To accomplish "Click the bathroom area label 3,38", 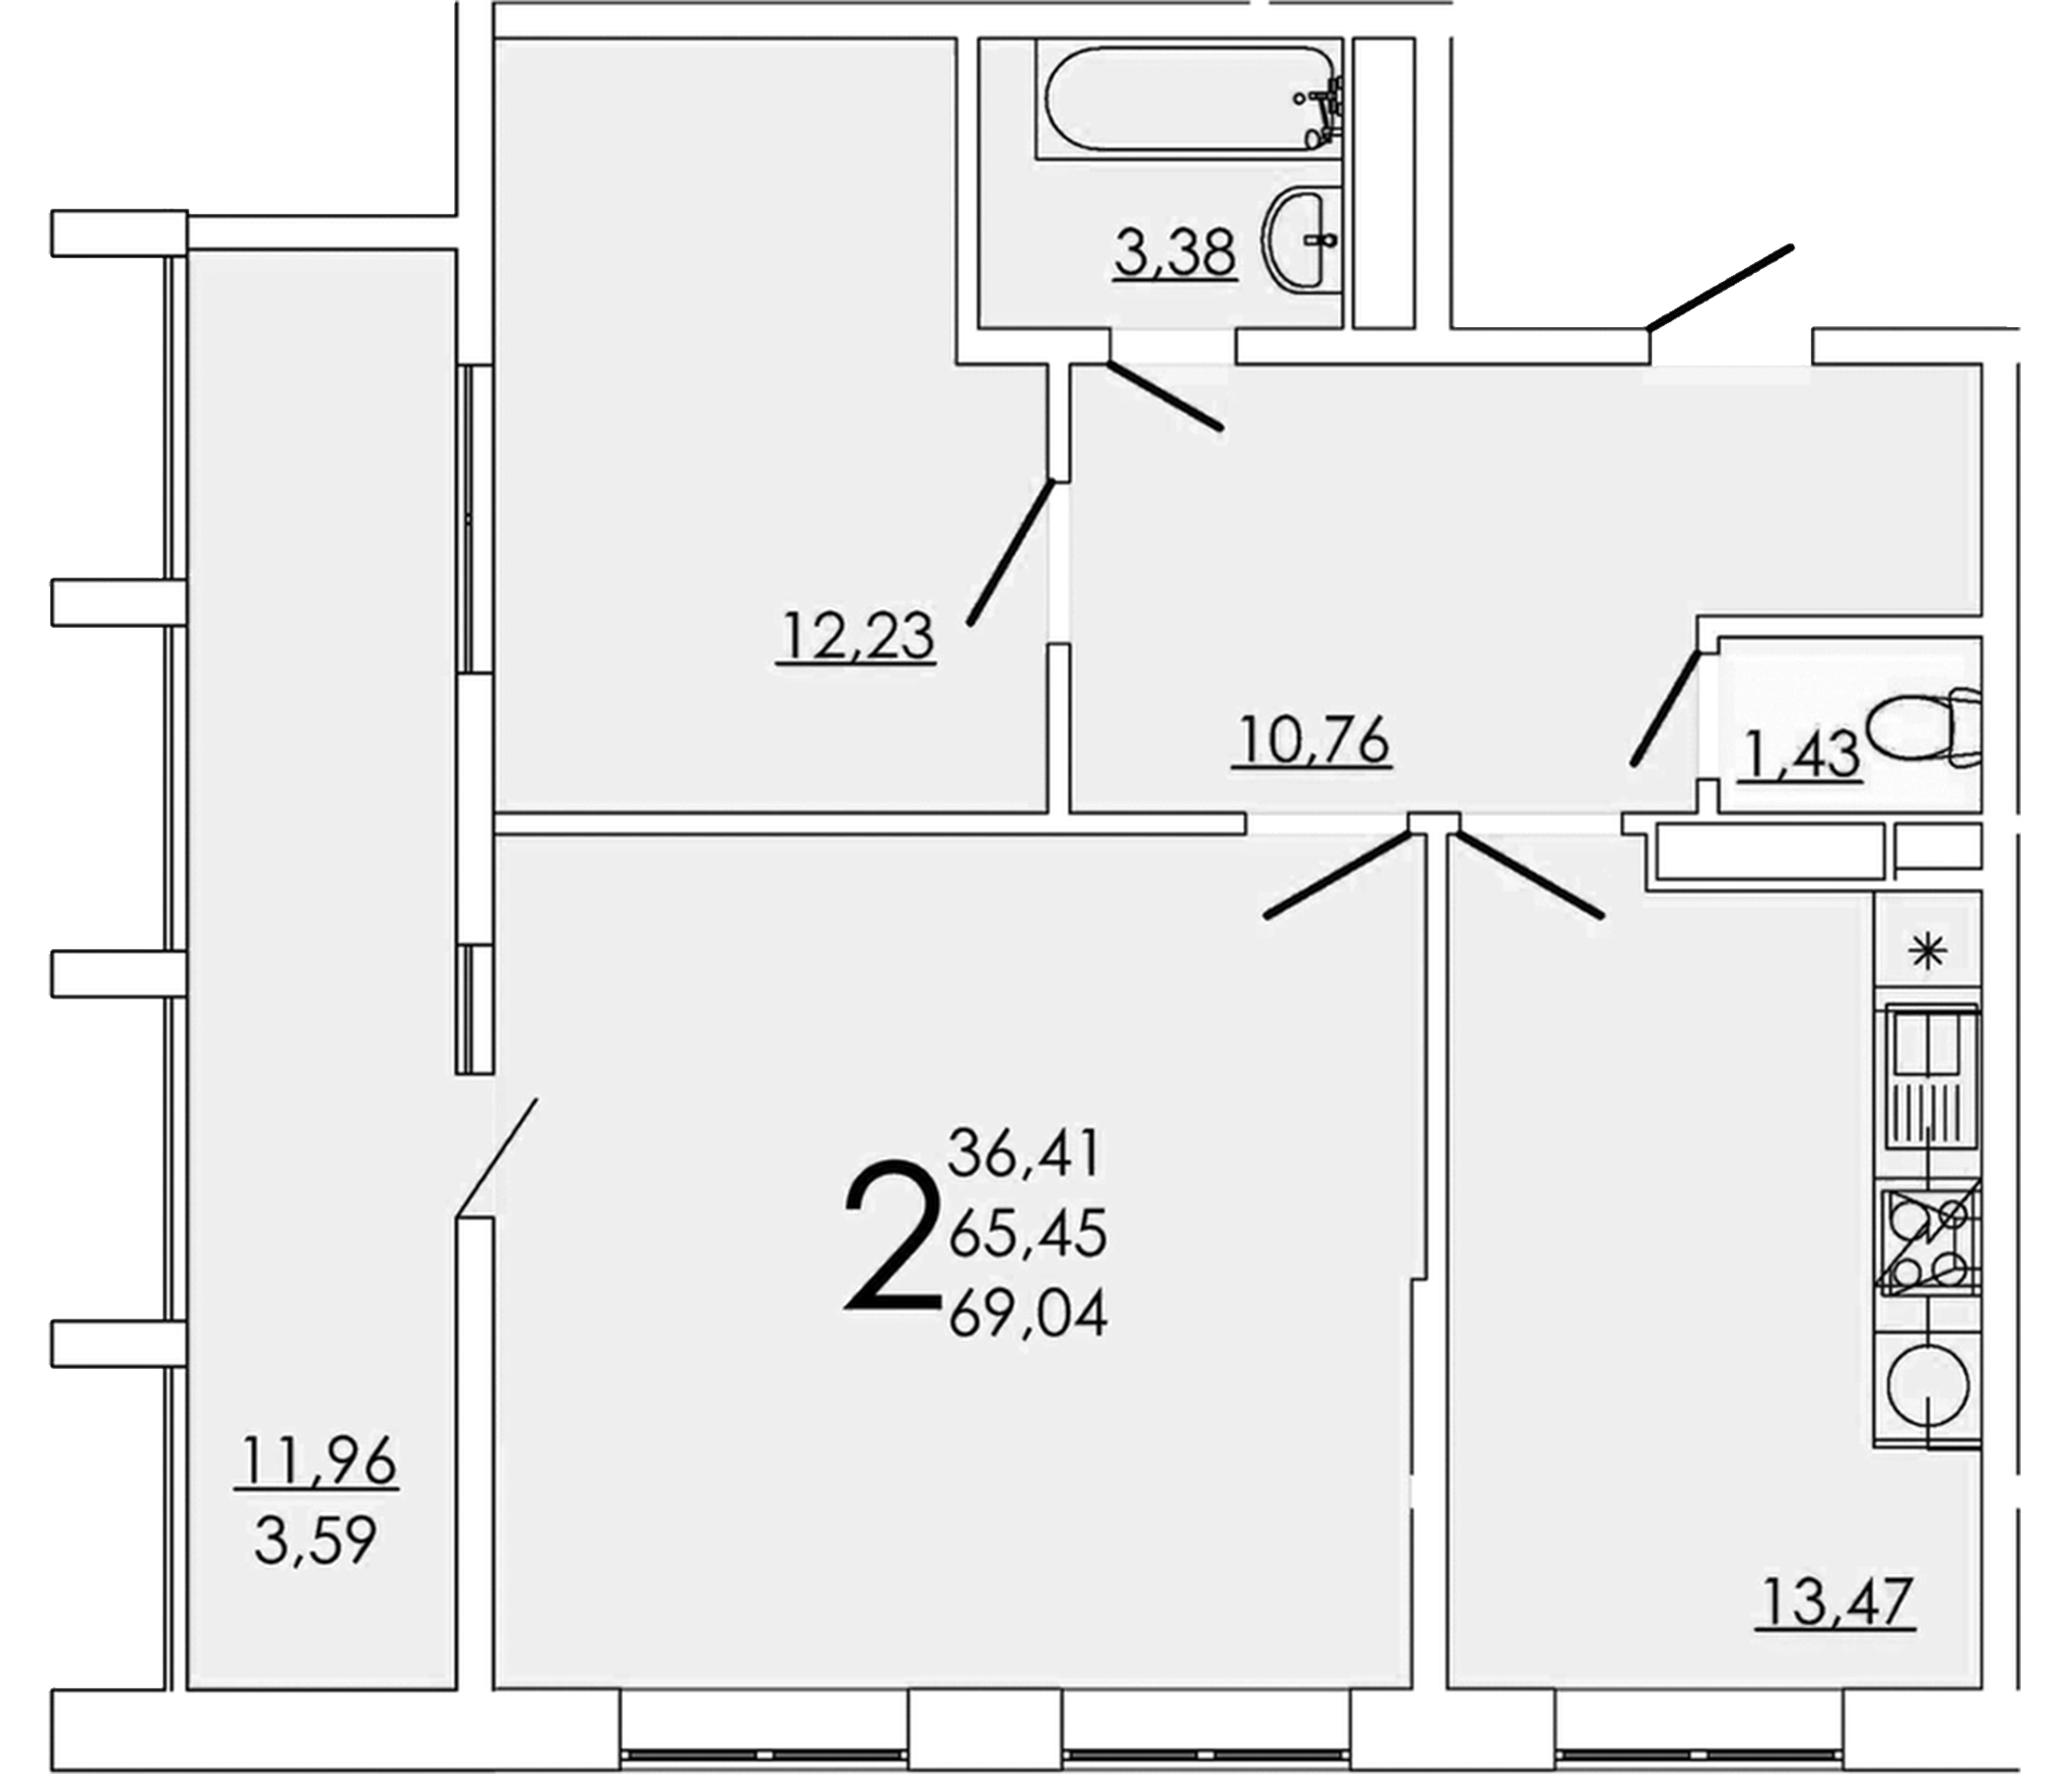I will (1175, 253).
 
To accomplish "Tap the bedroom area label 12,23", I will (857, 636).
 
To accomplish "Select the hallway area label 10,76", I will (1311, 741).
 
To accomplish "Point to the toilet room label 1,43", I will (1799, 754).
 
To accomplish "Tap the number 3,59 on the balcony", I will (315, 1540).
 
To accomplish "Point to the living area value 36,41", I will (1025, 1154).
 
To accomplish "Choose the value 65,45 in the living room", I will (1029, 1235).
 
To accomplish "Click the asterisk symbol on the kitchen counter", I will (1927, 953).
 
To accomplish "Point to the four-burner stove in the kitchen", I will (1927, 1242).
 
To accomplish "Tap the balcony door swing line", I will (498, 1159).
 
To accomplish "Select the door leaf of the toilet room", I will (1665, 708).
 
